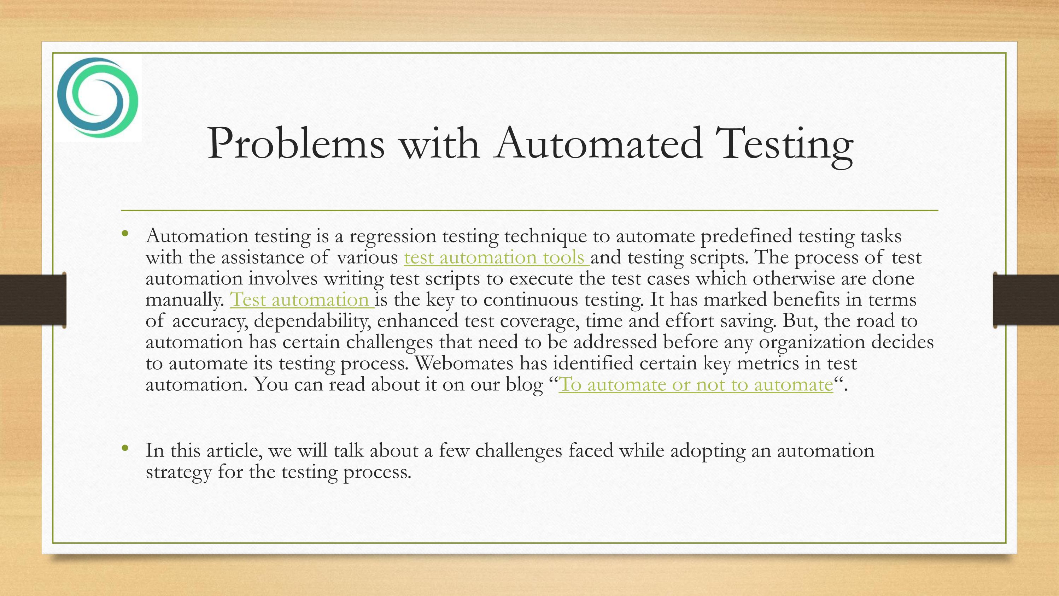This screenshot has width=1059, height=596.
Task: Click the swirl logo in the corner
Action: [98, 98]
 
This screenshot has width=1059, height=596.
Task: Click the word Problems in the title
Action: [296, 144]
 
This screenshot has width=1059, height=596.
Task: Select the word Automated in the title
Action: [598, 144]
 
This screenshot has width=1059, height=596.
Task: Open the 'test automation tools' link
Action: [497, 258]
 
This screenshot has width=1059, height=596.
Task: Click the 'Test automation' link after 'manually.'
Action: [302, 300]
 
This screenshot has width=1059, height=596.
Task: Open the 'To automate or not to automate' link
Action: [696, 385]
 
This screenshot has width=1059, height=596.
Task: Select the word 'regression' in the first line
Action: [393, 237]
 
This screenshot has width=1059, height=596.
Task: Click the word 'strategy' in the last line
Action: [179, 472]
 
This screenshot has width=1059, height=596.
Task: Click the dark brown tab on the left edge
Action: [33, 300]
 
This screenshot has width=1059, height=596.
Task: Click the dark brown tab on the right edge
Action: [1026, 300]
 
